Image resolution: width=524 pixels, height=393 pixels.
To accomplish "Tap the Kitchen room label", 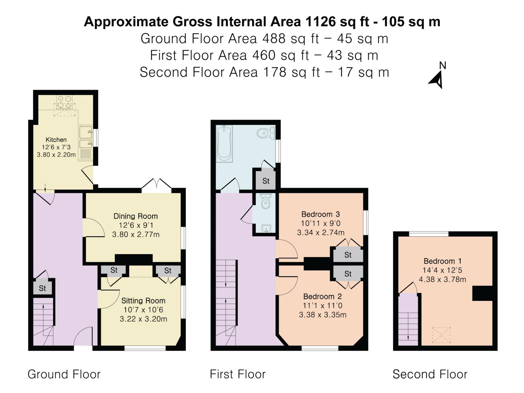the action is point(56,140).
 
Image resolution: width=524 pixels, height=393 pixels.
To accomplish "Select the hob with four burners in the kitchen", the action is point(64,102).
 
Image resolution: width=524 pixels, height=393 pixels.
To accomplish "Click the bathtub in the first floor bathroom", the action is point(224,144).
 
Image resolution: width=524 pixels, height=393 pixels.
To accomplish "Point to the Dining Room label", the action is point(136,216).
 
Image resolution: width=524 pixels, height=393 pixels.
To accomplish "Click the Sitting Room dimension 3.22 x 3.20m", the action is point(143,319).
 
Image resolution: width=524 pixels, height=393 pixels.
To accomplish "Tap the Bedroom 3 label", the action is point(320,214).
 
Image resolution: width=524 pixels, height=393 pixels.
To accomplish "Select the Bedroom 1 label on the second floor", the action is point(442,261).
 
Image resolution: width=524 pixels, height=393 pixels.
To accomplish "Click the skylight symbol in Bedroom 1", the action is point(441,335).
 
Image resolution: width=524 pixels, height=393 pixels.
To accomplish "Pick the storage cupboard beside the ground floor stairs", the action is point(42,288).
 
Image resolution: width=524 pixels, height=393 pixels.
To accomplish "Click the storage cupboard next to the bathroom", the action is point(266,181).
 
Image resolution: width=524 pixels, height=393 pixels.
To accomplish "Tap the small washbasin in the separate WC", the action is point(267,228).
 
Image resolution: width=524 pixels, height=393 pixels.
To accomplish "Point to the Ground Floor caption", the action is point(64,374).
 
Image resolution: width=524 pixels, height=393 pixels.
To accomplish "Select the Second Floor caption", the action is point(430,374).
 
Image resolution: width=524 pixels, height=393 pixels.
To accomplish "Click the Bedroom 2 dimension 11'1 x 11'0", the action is point(323,305).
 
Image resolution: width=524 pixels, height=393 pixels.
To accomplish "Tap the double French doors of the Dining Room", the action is point(156,185).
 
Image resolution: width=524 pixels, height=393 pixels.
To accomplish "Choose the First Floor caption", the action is point(238,374).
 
